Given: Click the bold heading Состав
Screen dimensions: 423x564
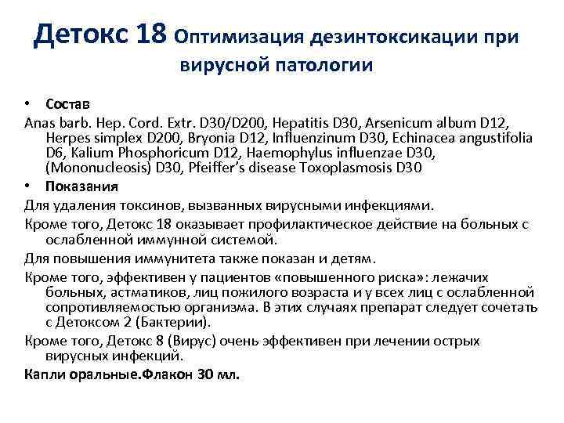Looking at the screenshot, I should [x=67, y=104].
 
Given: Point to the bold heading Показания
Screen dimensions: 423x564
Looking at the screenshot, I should [x=81, y=186].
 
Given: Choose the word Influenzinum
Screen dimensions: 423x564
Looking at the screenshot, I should [x=268, y=138].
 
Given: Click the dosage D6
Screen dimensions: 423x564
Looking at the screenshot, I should [x=55, y=154].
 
